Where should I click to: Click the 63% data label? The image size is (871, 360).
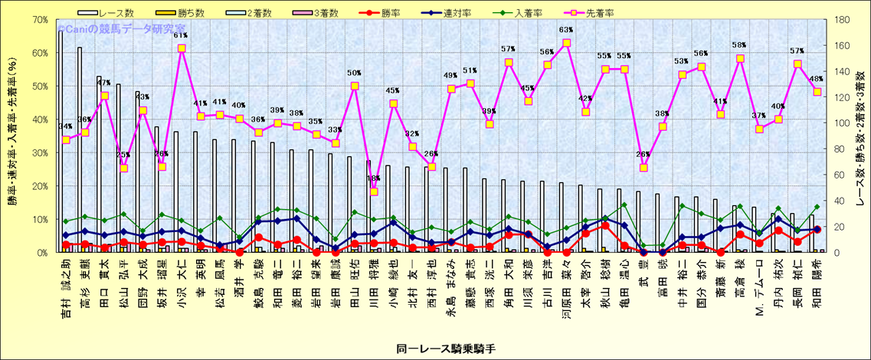566,31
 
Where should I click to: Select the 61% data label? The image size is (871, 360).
181,35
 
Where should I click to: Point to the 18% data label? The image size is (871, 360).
374,178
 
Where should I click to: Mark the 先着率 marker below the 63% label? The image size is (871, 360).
566,43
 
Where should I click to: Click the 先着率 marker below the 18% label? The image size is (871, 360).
374,191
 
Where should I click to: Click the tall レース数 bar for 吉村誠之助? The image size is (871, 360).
61,138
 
